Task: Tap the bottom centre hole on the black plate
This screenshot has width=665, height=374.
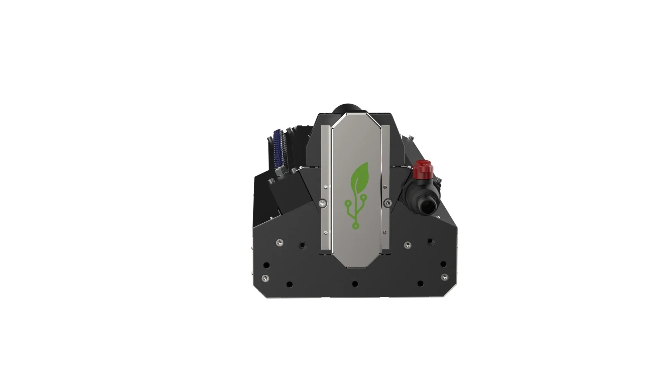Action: coord(355,284)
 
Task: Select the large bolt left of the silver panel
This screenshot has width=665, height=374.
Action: coord(323,204)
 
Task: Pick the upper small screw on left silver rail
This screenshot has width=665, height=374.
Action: coord(326,187)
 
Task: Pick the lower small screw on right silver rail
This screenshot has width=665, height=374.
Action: coord(384,232)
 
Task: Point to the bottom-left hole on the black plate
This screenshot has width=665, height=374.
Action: coord(290,285)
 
